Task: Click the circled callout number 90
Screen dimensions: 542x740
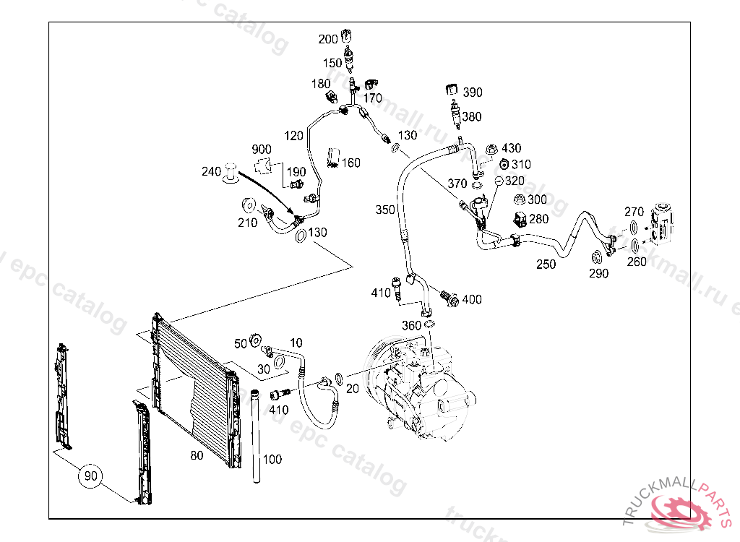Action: [90, 476]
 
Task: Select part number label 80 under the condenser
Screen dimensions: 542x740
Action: [197, 456]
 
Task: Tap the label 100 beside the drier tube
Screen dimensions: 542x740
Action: [272, 460]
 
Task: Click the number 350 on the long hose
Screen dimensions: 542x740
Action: [385, 210]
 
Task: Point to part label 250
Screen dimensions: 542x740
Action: [546, 264]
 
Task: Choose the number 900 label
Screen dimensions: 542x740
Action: [262, 150]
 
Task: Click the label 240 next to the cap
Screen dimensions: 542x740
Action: [211, 172]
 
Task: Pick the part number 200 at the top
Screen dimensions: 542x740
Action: [328, 39]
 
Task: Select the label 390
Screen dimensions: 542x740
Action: [473, 93]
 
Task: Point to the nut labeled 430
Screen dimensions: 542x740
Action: [491, 149]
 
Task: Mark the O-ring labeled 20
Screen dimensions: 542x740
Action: [339, 377]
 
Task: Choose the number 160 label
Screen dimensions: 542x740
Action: [350, 163]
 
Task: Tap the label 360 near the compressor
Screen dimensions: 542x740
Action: [411, 326]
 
